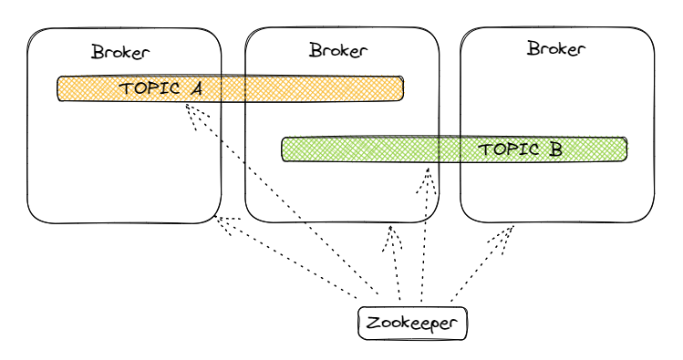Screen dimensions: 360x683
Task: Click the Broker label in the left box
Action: click(120, 52)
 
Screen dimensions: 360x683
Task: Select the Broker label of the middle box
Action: click(338, 50)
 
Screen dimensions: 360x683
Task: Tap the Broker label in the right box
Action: click(556, 48)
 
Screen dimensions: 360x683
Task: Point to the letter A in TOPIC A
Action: click(196, 89)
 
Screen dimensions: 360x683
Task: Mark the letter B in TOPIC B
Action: click(555, 149)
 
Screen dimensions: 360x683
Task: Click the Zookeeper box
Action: click(413, 324)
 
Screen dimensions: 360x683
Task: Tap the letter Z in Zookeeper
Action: click(372, 324)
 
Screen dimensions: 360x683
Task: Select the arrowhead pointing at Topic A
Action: click(189, 109)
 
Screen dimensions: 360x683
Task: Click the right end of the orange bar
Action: click(400, 88)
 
